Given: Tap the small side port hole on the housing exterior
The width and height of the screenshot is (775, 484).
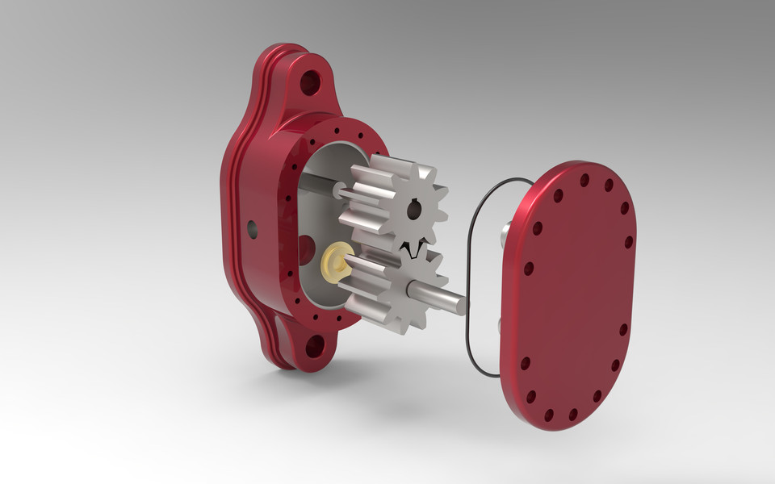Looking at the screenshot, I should coord(253,228).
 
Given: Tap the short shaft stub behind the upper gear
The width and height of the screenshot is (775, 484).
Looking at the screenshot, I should coord(334,190).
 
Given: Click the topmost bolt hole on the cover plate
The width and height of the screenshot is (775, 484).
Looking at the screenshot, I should coord(584,180).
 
